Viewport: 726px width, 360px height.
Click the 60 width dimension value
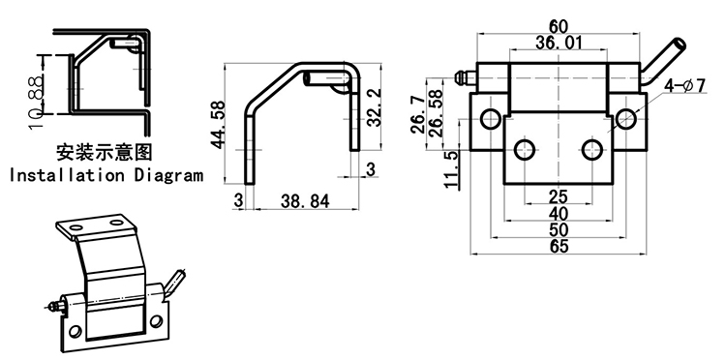[x=558, y=26]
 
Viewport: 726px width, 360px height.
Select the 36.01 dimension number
[x=559, y=43]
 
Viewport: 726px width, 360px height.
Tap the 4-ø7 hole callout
[x=684, y=85]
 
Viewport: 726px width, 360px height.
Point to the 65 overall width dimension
[x=559, y=246]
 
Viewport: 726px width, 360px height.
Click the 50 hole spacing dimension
[x=559, y=230]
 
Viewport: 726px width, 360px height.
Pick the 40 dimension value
[x=559, y=214]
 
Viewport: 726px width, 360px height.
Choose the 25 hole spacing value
[x=559, y=197]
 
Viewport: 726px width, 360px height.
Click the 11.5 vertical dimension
[x=451, y=169]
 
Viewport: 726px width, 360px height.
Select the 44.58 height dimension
[x=218, y=125]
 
